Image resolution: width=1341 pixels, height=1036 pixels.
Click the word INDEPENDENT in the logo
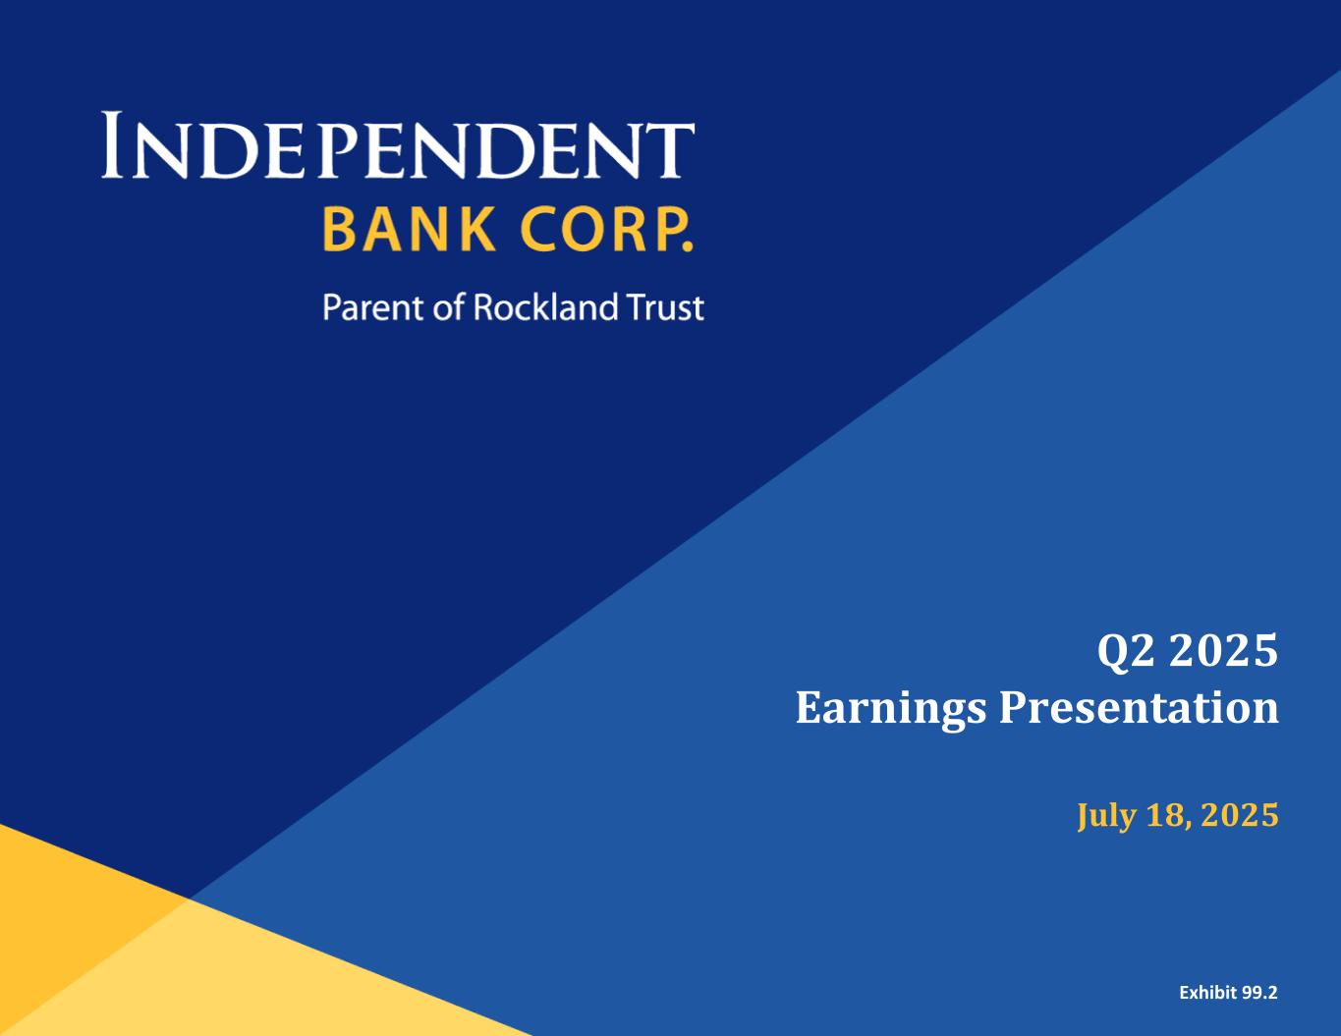point(398,145)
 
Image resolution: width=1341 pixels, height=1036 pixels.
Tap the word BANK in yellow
point(409,230)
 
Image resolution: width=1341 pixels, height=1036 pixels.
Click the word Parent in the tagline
point(374,307)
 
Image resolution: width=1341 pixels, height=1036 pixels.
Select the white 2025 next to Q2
point(1224,650)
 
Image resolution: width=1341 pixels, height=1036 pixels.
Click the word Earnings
point(891,710)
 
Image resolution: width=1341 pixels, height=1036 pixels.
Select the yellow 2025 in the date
point(1241,815)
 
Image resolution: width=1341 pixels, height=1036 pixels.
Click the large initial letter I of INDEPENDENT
point(111,145)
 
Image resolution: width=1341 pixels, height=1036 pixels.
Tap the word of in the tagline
point(448,306)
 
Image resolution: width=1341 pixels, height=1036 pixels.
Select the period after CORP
point(689,247)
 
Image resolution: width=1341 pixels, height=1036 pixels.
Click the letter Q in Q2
point(1112,652)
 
